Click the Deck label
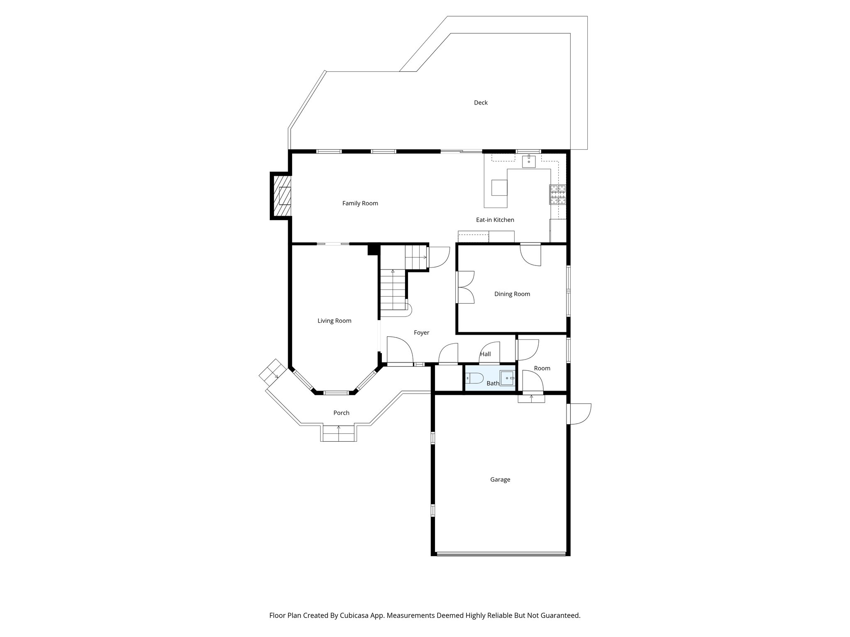(x=481, y=102)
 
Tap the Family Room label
(x=360, y=203)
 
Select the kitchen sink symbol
(x=529, y=161)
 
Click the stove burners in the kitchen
(x=558, y=195)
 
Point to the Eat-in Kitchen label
(x=495, y=220)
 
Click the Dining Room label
(x=512, y=294)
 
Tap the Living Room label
(x=334, y=321)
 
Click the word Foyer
(x=421, y=333)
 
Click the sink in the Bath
(x=507, y=378)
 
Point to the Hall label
(x=485, y=354)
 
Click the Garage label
(x=500, y=479)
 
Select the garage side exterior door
(x=579, y=413)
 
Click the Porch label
(x=341, y=413)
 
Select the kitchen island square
(x=499, y=187)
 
